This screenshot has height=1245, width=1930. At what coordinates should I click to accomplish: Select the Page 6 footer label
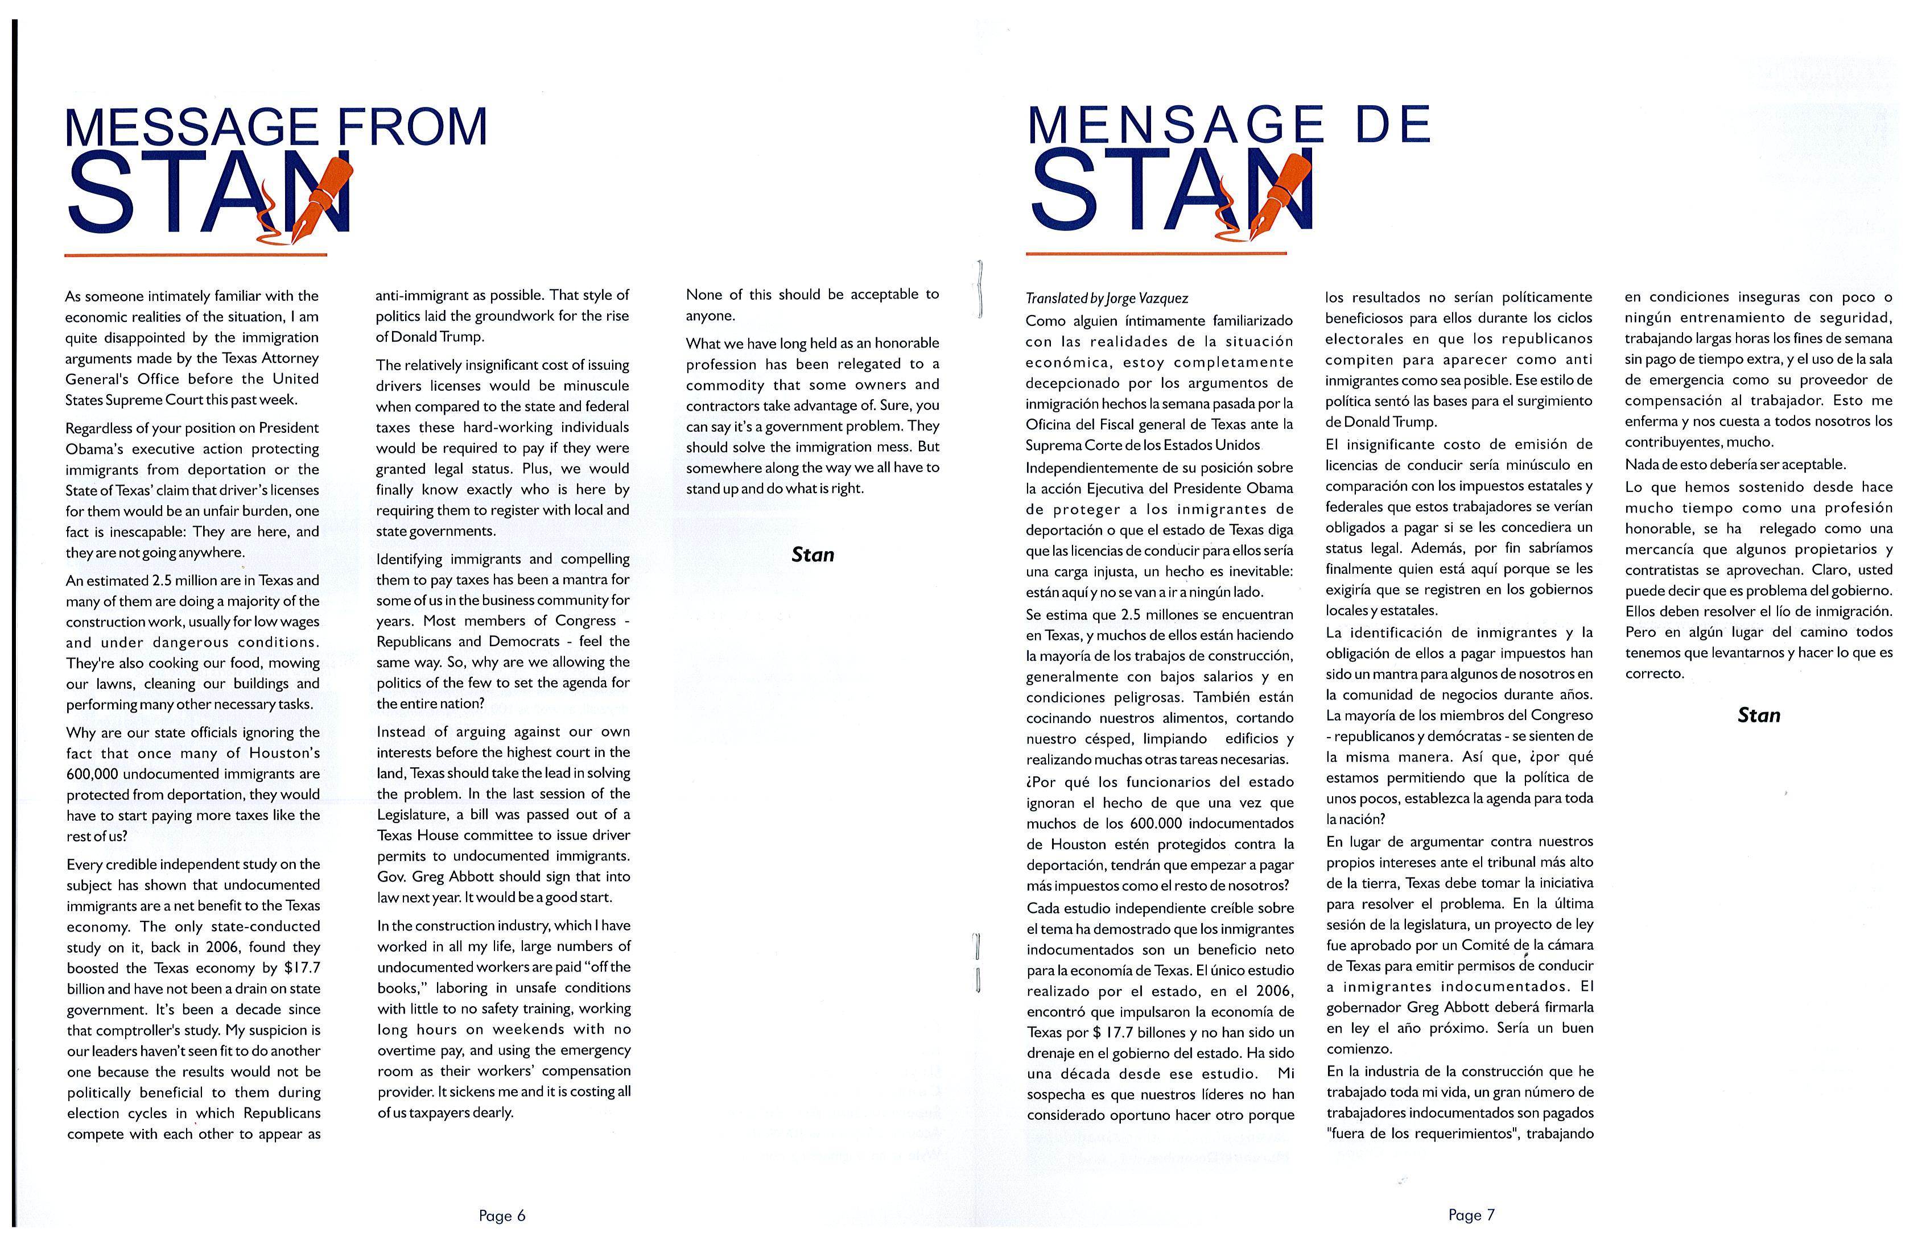tap(501, 1215)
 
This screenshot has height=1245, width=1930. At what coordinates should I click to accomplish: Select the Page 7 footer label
tap(1471, 1214)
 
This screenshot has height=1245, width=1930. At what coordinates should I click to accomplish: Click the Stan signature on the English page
tap(812, 555)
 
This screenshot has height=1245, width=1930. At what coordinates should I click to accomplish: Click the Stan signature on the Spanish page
tap(1759, 715)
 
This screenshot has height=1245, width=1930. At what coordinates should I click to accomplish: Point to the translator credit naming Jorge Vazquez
tap(1107, 299)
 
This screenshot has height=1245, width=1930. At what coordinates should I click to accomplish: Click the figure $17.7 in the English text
tap(303, 967)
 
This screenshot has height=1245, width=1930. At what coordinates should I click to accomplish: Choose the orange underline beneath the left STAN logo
tap(196, 255)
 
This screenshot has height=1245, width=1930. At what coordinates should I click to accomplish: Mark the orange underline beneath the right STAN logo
tap(1156, 254)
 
